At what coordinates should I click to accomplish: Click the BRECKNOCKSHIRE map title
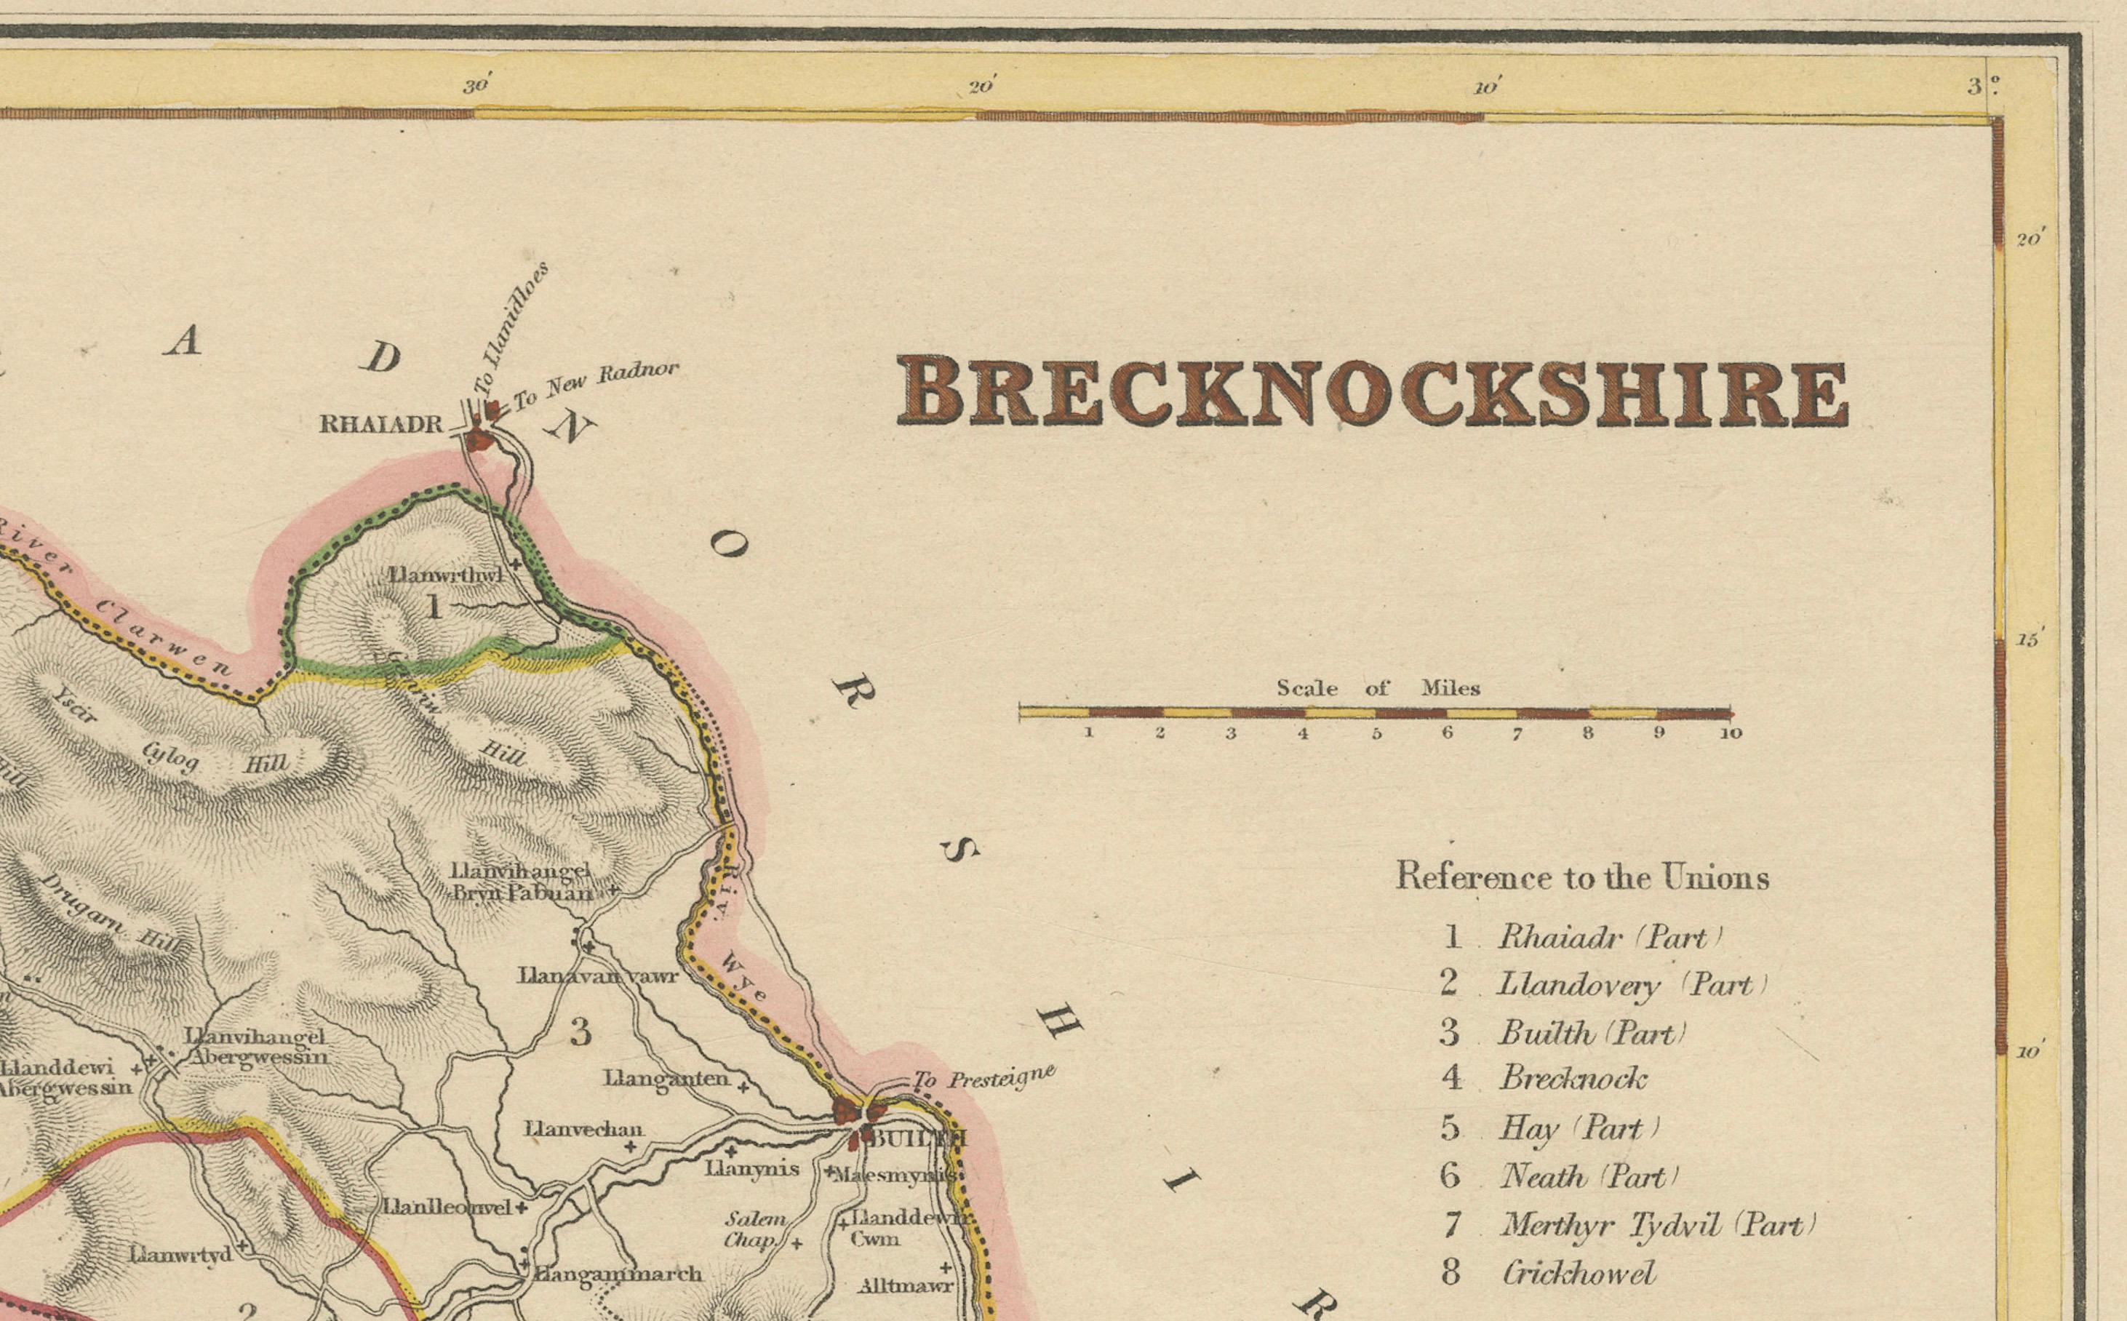[1371, 391]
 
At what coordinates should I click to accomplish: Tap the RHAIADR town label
[381, 425]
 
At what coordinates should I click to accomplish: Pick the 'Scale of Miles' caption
[1378, 688]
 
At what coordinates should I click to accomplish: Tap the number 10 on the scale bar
[1731, 734]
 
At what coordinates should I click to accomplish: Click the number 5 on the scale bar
[1376, 734]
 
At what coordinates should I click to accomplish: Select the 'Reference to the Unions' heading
[1582, 877]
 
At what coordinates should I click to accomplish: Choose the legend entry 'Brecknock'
[1572, 1078]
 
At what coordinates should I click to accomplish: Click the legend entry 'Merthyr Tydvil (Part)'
[1657, 1225]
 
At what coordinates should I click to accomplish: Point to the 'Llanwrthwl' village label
[445, 575]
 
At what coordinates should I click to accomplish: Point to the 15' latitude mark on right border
[2028, 640]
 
